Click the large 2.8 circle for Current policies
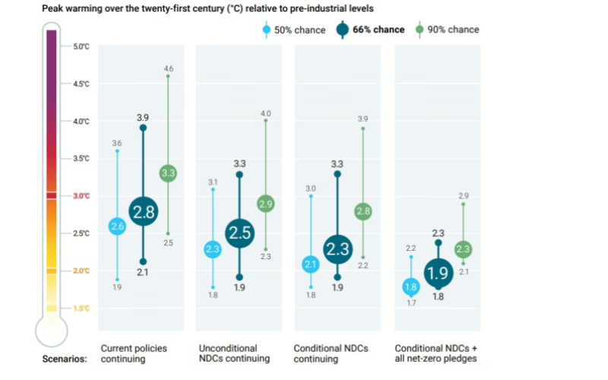pos(144,212)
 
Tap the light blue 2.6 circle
pos(117,226)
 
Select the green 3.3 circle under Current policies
pos(168,173)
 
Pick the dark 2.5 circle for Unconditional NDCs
pos(239,233)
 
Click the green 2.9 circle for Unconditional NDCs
pos(265,204)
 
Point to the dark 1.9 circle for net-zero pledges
pos(437,272)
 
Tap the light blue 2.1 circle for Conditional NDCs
pos(311,264)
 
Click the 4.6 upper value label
pos(168,69)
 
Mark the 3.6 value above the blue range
pos(117,143)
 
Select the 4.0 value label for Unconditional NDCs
pos(265,113)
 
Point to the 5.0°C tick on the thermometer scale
pos(81,46)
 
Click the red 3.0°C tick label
pos(81,196)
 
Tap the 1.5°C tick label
pos(81,308)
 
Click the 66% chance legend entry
pos(370,30)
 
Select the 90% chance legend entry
pos(448,30)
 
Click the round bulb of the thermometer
pos(51,331)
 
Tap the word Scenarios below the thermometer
pos(65,359)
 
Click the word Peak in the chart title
pos(55,8)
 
